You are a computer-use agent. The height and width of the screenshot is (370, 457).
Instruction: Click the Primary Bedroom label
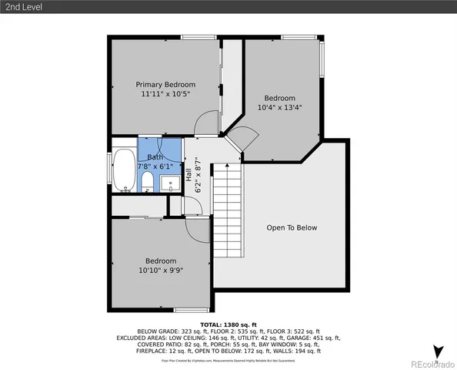[165, 84]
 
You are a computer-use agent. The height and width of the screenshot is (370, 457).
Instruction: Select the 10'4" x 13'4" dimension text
[279, 108]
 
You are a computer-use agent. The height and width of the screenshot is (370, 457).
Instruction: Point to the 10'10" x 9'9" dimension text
[161, 271]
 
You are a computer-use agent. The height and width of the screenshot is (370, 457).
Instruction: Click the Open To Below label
[292, 227]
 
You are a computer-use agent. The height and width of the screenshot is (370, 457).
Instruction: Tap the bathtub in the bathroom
[123, 170]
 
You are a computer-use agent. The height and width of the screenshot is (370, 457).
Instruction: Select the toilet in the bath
[147, 182]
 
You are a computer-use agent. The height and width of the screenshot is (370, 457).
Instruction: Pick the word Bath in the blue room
[155, 156]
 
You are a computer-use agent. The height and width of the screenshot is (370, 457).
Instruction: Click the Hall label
[187, 175]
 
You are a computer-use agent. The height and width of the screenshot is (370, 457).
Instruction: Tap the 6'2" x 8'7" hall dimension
[197, 175]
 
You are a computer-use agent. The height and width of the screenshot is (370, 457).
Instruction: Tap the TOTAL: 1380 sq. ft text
[228, 325]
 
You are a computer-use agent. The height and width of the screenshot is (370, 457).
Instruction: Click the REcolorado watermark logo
[431, 364]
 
